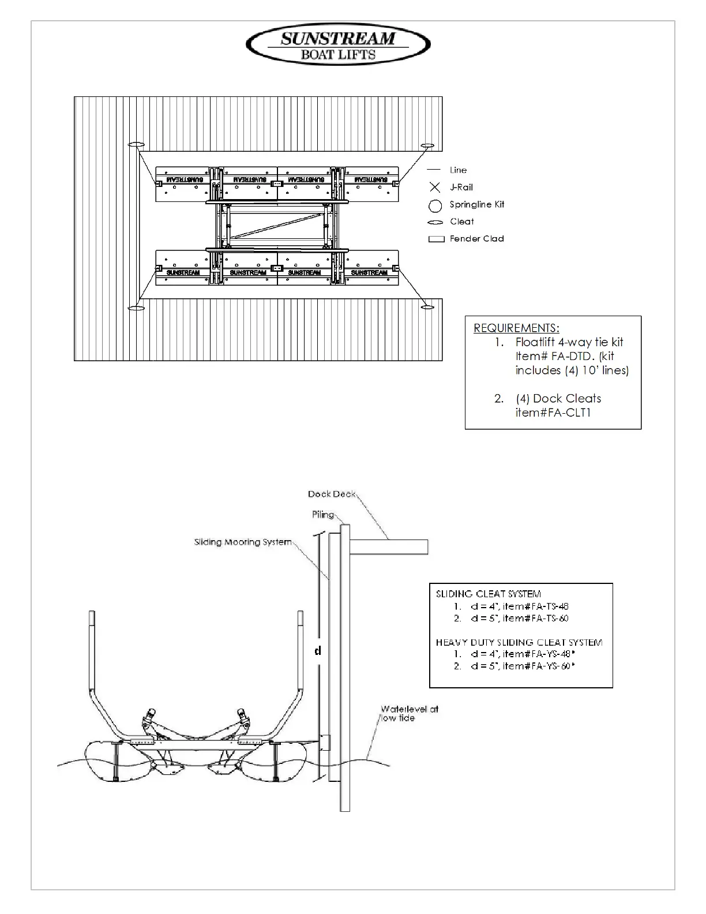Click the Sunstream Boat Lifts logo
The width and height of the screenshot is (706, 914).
(x=338, y=46)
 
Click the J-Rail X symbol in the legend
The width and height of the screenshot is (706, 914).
(x=435, y=188)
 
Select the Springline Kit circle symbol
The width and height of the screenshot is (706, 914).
(x=435, y=205)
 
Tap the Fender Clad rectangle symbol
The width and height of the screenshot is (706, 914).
(x=436, y=239)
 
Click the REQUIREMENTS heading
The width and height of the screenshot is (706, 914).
(x=516, y=328)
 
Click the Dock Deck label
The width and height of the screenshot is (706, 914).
(x=332, y=494)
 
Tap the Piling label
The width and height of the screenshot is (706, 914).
(x=323, y=515)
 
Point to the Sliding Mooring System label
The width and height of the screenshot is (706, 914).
(x=243, y=542)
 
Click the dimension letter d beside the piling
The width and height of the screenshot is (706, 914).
(x=317, y=651)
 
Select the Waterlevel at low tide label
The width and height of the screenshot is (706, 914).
(x=409, y=713)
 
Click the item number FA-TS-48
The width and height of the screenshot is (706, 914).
(x=536, y=606)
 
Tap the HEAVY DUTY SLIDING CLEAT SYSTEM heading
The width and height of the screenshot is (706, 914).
(x=519, y=642)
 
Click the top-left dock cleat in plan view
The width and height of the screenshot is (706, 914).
(x=137, y=144)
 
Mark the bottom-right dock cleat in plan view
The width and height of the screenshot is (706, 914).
(x=427, y=307)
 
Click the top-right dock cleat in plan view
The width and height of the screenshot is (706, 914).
(x=427, y=145)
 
